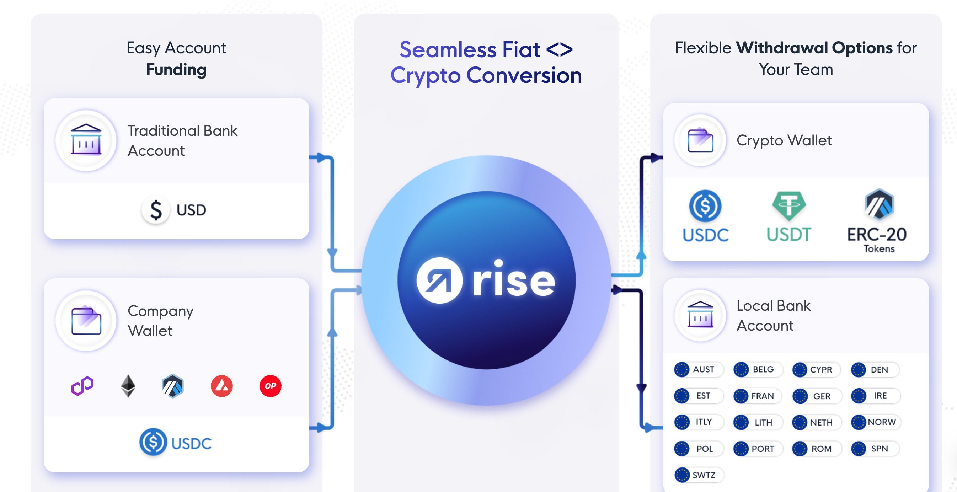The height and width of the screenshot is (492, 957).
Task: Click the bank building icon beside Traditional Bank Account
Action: click(86, 140)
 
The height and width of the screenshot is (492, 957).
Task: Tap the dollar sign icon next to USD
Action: click(156, 210)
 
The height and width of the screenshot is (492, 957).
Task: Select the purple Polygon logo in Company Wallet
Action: click(82, 386)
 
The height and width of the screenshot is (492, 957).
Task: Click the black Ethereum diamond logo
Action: click(128, 386)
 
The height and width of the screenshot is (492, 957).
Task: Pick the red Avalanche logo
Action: click(222, 386)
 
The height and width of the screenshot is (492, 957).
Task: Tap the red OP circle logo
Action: click(270, 386)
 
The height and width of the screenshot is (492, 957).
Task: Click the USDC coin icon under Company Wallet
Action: click(153, 442)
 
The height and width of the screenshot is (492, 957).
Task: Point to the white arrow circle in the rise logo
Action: click(439, 280)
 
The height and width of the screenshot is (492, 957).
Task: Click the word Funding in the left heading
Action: click(176, 69)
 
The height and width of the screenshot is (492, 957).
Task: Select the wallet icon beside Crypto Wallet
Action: click(700, 140)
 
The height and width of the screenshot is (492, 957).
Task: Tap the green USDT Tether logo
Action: click(789, 205)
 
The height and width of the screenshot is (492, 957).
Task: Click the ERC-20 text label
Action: click(877, 235)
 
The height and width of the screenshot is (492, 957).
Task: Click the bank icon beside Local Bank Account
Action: click(700, 315)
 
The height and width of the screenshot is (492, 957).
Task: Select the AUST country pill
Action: click(699, 369)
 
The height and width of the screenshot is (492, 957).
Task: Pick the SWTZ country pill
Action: click(699, 475)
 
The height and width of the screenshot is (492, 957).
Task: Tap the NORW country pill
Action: click(876, 422)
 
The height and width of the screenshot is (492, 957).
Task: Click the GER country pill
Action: click(816, 396)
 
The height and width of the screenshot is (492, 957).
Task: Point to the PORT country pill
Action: click(758, 449)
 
